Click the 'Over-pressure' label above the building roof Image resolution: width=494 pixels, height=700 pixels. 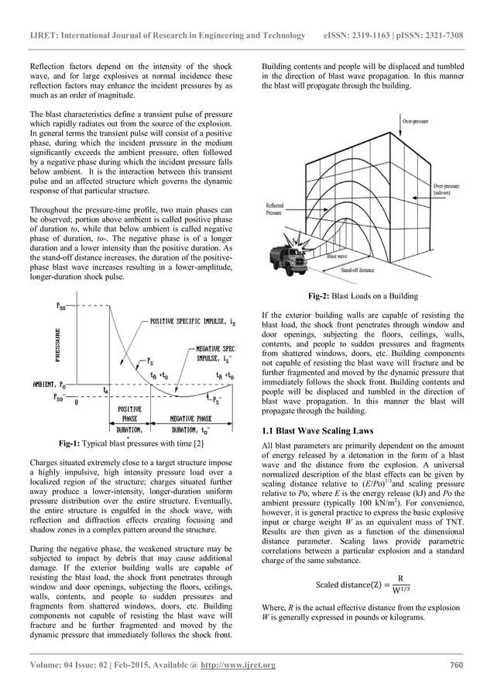click(417, 122)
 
